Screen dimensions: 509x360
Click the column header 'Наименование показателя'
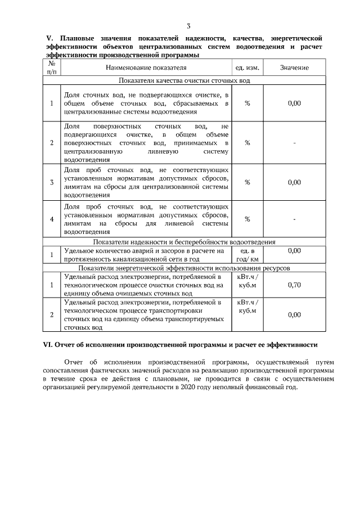point(146,68)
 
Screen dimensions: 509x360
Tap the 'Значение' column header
point(294,68)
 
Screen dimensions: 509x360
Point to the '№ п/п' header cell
point(51,68)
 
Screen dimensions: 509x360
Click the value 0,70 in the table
point(294,285)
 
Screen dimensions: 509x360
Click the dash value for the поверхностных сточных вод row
point(294,143)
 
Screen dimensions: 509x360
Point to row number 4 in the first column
point(51,219)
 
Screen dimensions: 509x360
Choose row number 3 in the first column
point(51,182)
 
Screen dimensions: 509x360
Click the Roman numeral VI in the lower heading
point(50,344)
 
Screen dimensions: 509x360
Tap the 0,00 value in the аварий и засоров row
point(294,250)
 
